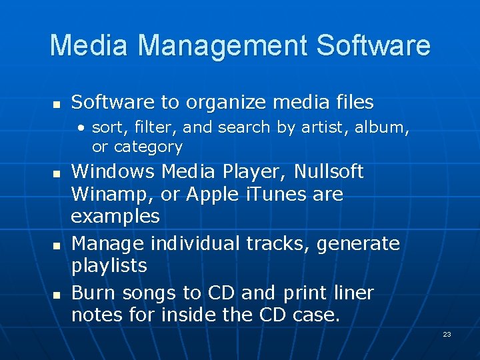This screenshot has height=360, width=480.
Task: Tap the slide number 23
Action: [447, 334]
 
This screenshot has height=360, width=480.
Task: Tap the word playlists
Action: [109, 266]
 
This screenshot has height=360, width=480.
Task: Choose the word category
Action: [147, 147]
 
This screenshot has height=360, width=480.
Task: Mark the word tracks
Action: [278, 244]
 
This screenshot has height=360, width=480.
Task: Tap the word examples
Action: [115, 217]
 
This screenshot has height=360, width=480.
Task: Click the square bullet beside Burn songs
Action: [57, 294]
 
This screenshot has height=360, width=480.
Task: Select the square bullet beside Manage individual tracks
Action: [57, 245]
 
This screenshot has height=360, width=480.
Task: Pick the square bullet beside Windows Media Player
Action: [57, 173]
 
